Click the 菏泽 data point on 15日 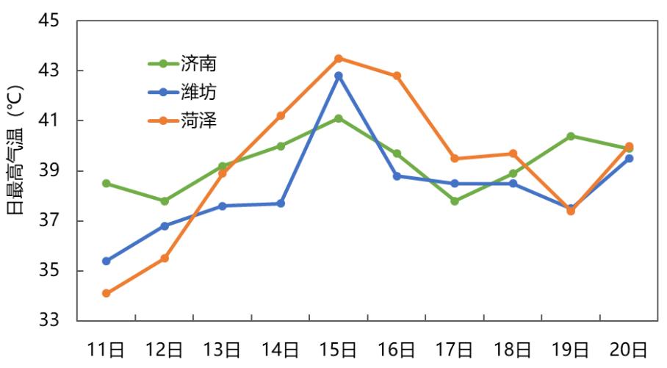point(339,58)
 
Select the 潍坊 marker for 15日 point(339,76)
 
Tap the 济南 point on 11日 point(107,184)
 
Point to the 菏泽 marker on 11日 point(107,293)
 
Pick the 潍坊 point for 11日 point(107,261)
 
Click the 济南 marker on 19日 point(571,136)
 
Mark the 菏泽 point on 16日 point(397,76)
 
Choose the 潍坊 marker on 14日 point(281,203)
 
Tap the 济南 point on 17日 point(455,201)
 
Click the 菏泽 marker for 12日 point(165,259)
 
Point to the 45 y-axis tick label point(52,21)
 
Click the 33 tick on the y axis point(52,321)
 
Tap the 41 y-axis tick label point(52,121)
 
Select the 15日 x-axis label point(339,350)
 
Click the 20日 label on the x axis point(629,350)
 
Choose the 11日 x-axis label point(107,350)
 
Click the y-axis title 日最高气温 point(16,170)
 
